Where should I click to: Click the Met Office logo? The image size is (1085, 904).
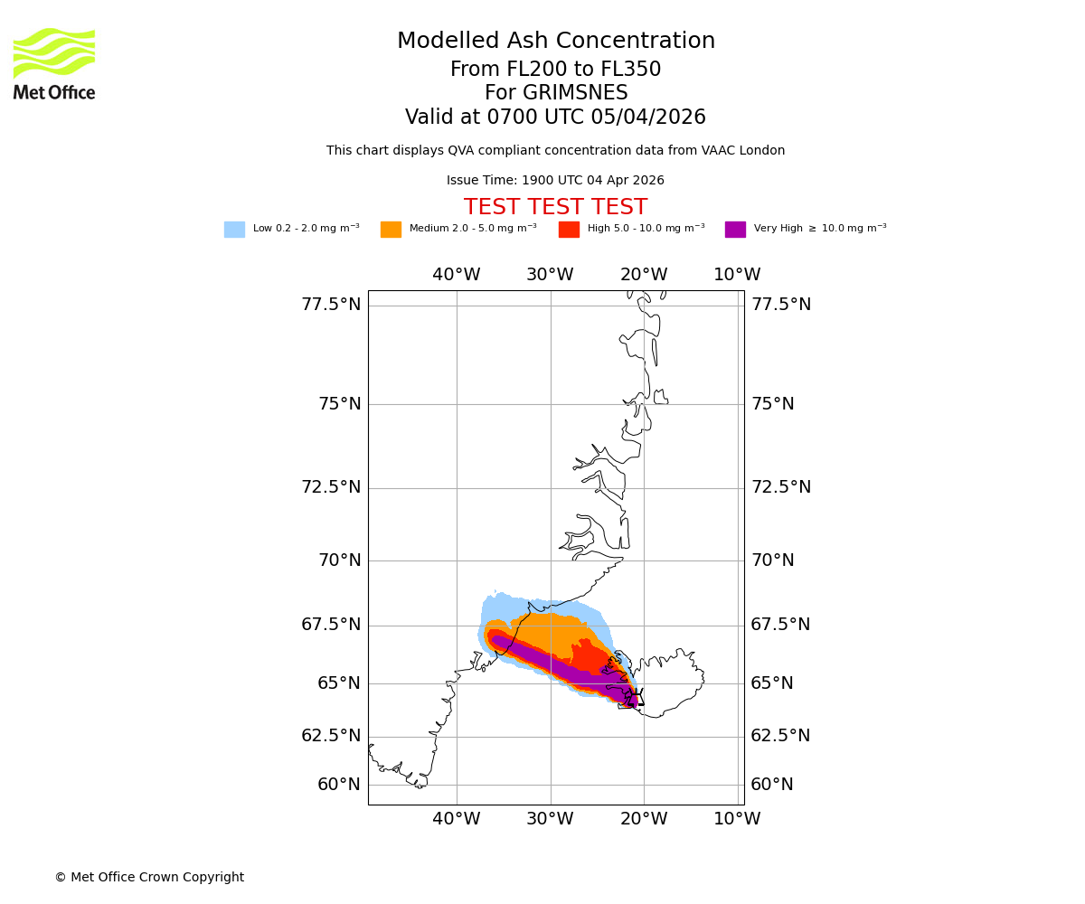pos(54,63)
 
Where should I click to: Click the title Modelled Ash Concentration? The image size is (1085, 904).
pos(555,42)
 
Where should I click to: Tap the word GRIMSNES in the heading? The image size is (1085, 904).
pos(555,93)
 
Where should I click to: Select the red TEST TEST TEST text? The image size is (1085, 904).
pos(555,208)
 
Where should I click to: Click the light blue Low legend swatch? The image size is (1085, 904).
pos(234,230)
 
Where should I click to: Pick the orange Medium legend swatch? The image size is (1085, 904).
pos(391,230)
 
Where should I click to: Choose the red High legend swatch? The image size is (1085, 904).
pos(569,230)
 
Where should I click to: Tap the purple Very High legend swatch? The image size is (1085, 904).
pos(735,230)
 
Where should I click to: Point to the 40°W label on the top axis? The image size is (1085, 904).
pos(456,275)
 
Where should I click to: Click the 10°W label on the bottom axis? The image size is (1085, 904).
pos(737,819)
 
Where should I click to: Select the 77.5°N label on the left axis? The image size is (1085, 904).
pos(331,305)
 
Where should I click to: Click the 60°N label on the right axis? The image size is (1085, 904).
pos(772,785)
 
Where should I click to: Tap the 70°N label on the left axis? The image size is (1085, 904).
pos(339,560)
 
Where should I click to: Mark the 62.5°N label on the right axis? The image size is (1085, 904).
pos(780,736)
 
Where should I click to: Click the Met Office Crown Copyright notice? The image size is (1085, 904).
pos(149,878)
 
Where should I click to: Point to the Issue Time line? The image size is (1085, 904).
pos(555,181)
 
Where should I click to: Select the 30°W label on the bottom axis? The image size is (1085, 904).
pos(550,819)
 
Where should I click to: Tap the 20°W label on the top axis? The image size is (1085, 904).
pos(644,275)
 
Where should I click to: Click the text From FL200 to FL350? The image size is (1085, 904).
pos(555,70)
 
